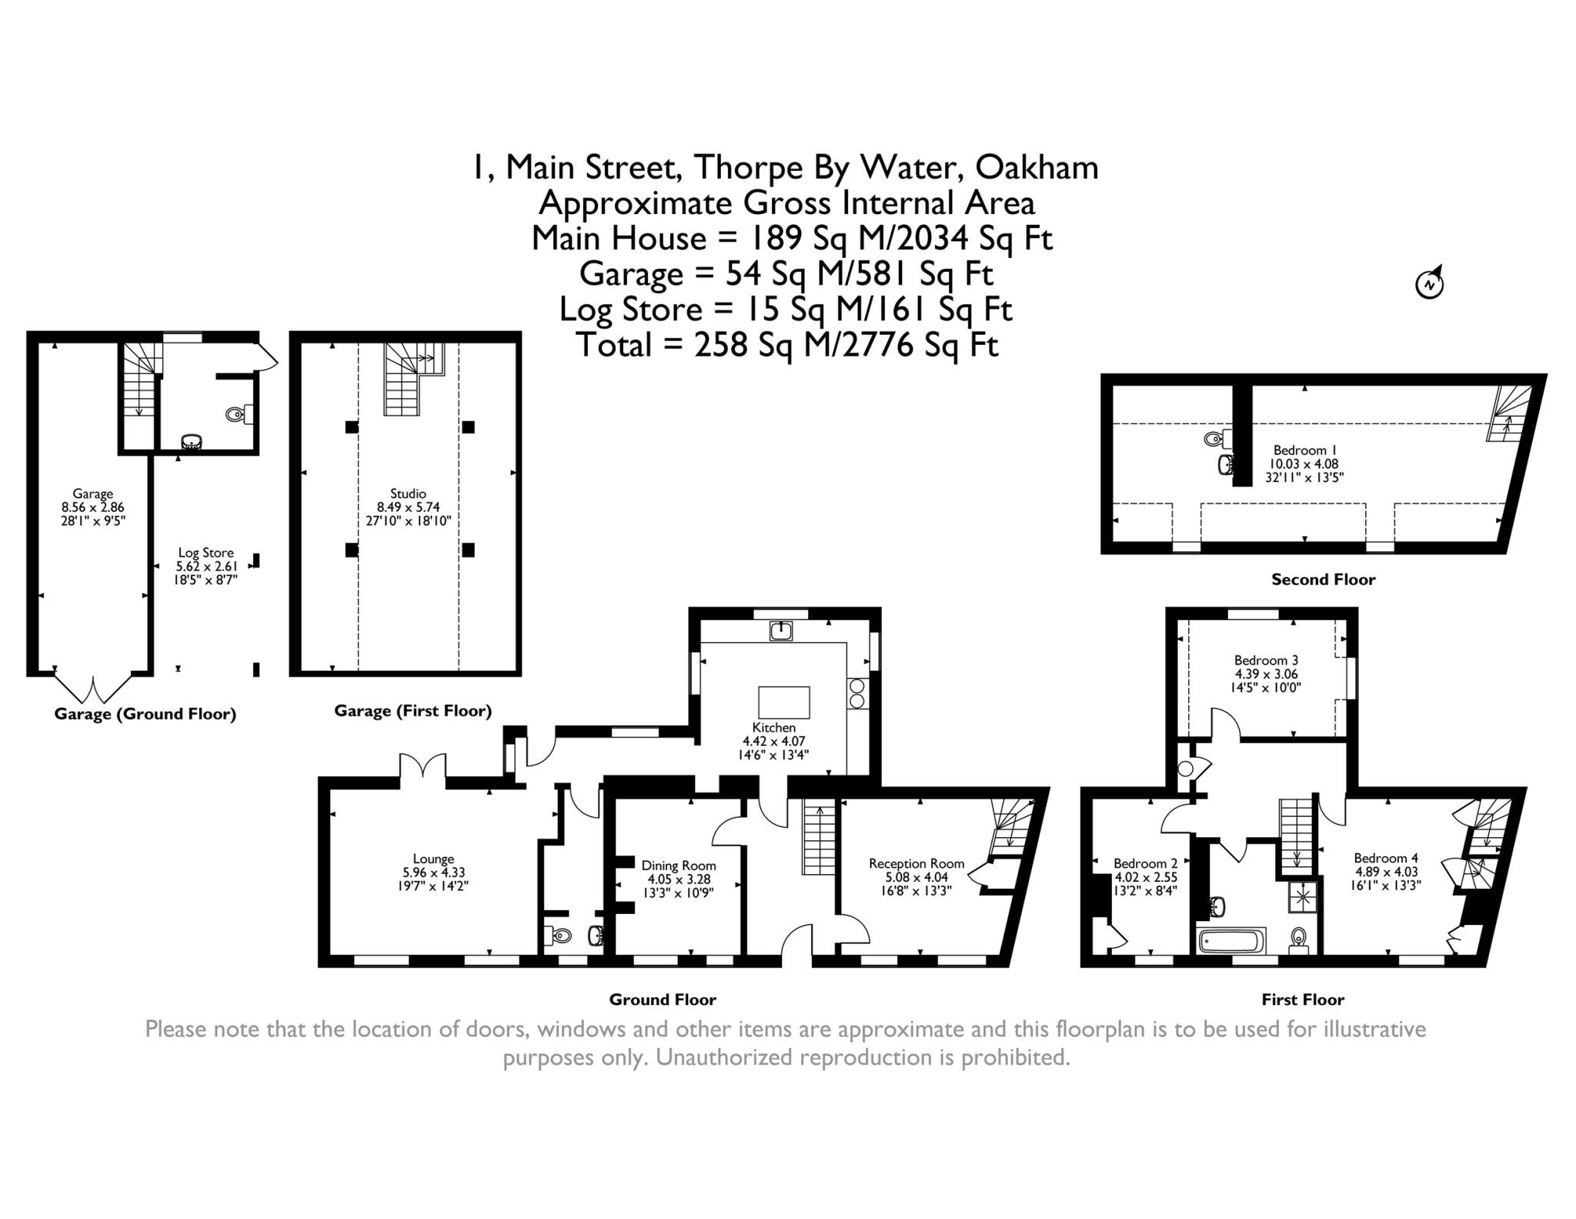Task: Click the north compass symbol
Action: pyautogui.click(x=1429, y=283)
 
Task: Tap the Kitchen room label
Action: pyautogui.click(x=773, y=727)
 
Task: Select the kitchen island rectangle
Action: pyautogui.click(x=783, y=702)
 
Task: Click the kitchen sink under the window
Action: pyautogui.click(x=781, y=631)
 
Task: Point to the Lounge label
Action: pyautogui.click(x=433, y=859)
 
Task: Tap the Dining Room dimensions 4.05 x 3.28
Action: pyautogui.click(x=678, y=879)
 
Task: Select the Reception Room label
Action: pyautogui.click(x=916, y=863)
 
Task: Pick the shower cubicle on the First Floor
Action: pyautogui.click(x=1304, y=896)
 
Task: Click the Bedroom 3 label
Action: pyautogui.click(x=1266, y=660)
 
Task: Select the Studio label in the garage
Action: pyautogui.click(x=408, y=494)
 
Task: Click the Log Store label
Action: pyautogui.click(x=205, y=552)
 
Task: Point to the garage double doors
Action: pyautogui.click(x=93, y=688)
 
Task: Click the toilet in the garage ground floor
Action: pyautogui.click(x=237, y=415)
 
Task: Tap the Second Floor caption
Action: pyautogui.click(x=1323, y=580)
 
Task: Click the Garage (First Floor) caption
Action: pyautogui.click(x=412, y=711)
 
